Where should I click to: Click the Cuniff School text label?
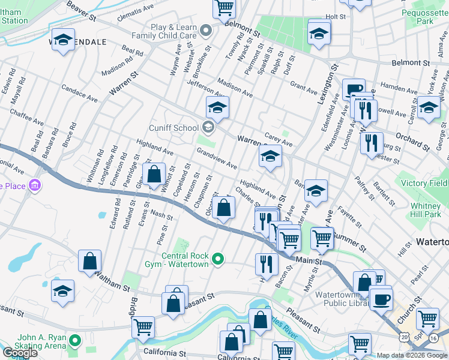point(173,127)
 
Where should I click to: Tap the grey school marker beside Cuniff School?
point(208,126)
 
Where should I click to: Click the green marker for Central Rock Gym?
point(218,259)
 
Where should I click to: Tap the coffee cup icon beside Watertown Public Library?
point(381,298)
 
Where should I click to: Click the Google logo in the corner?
point(20,353)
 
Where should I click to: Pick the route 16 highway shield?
point(433,338)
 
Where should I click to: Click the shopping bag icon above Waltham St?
point(89,261)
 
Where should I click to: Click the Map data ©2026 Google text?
point(412,355)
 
